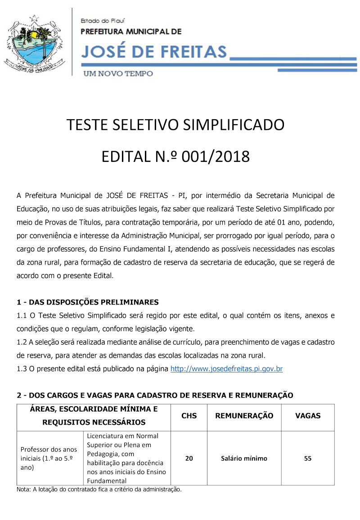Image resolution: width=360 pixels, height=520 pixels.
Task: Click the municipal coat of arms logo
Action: click(35, 43)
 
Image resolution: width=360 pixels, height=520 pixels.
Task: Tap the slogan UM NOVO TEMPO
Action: click(117, 73)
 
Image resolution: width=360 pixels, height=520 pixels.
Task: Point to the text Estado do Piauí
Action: click(103, 21)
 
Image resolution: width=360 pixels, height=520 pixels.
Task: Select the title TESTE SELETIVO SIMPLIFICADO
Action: click(175, 125)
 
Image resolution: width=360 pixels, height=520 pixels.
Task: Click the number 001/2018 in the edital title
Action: click(216, 157)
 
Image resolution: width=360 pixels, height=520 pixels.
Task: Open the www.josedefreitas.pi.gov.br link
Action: click(226, 369)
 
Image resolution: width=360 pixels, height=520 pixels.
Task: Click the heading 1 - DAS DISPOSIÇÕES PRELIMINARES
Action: click(87, 302)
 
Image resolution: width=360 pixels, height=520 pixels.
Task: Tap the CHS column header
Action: click(189, 416)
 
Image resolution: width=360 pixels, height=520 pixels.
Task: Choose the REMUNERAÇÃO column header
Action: click(244, 416)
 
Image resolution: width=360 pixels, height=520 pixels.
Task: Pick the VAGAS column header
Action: click(308, 416)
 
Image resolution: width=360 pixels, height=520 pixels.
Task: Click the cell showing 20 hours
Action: click(189, 458)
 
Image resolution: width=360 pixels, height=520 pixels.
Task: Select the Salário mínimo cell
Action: click(244, 458)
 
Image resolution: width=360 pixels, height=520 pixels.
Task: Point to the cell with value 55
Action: click(308, 458)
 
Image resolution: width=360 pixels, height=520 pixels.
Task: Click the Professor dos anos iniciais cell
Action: click(49, 458)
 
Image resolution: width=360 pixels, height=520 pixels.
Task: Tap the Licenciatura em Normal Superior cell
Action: click(126, 458)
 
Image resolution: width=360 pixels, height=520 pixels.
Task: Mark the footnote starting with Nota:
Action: click(99, 489)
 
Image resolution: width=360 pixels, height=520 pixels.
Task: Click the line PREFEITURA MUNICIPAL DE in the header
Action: click(131, 31)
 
